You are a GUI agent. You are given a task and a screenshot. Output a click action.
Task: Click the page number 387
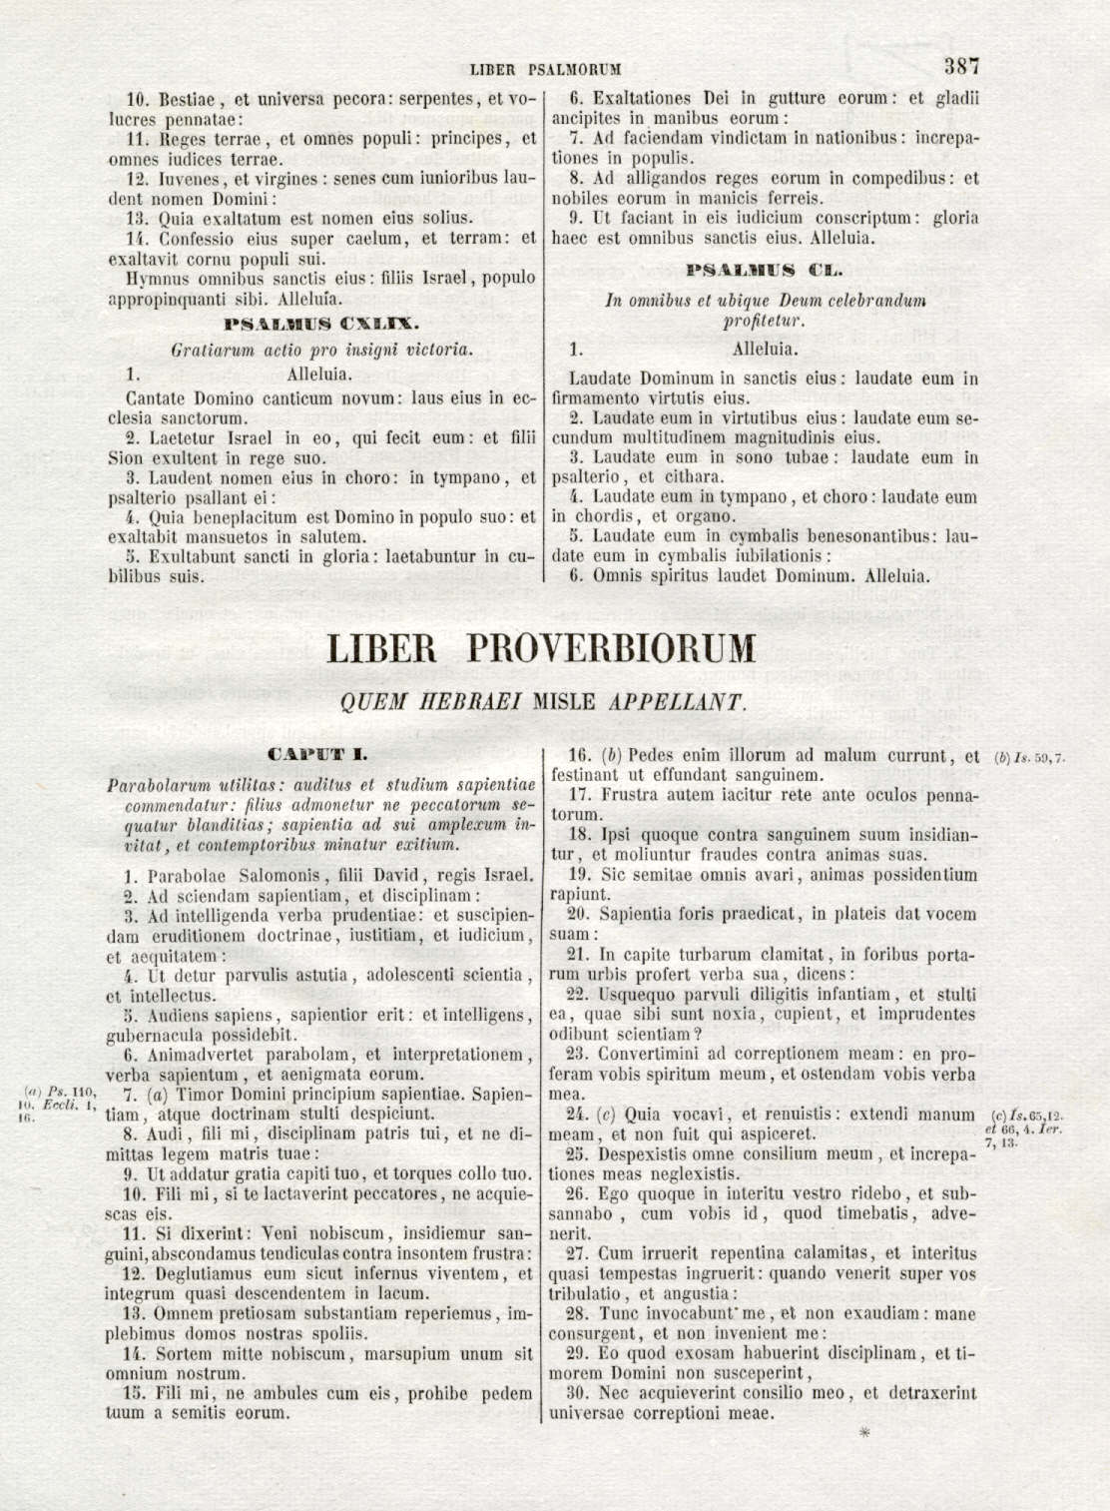click(x=961, y=68)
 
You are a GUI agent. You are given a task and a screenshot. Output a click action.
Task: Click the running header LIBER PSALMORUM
click(x=546, y=70)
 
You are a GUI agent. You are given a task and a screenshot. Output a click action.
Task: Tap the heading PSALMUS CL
click(x=765, y=271)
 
